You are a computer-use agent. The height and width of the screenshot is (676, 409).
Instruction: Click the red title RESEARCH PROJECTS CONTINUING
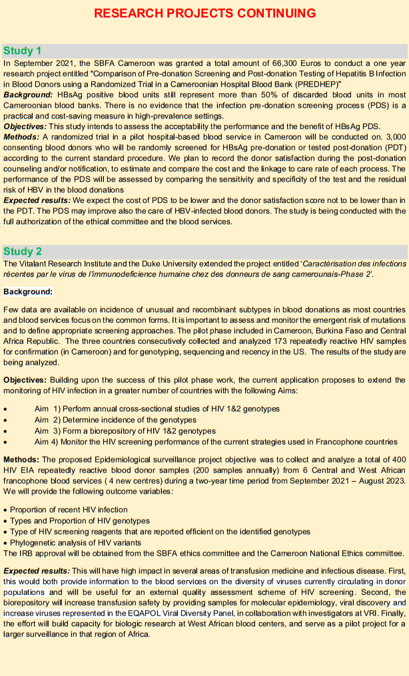pos(204,13)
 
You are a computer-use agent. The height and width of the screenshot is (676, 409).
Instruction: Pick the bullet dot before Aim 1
pos(6,409)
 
